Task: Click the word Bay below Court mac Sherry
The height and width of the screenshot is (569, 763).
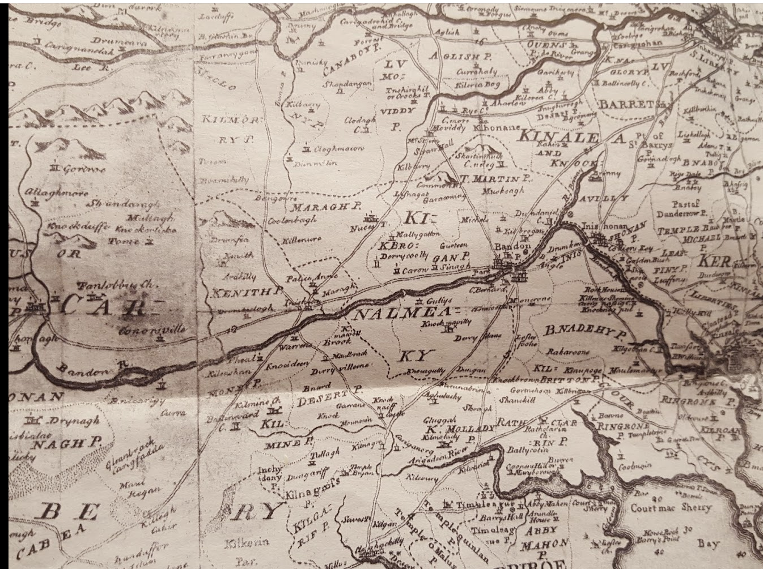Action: click(x=708, y=544)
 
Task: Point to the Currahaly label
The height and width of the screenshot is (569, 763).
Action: click(x=478, y=72)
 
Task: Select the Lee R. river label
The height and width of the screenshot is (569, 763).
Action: click(x=85, y=67)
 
